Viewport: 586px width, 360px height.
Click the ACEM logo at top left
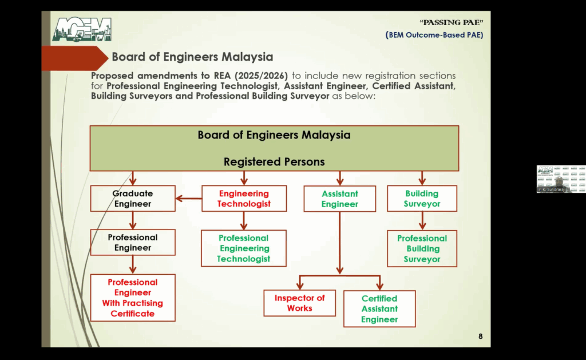(82, 30)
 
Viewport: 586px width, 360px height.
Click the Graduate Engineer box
(133, 199)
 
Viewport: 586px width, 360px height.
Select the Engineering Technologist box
(244, 199)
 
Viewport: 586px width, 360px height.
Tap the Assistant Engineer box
(340, 199)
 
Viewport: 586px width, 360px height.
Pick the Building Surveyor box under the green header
(422, 199)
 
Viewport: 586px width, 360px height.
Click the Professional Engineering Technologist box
(244, 248)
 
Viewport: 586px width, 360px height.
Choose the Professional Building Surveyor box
(422, 249)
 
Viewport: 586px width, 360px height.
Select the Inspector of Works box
(300, 303)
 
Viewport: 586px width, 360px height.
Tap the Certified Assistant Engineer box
(379, 308)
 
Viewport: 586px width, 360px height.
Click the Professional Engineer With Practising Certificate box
(133, 298)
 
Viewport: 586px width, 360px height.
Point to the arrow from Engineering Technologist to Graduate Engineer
(188, 199)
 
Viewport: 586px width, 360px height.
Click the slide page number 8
(480, 336)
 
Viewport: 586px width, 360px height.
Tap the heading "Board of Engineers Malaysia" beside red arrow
(192, 57)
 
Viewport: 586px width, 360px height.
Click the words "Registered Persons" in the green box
(274, 162)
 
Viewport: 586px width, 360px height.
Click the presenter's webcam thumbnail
(561, 179)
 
